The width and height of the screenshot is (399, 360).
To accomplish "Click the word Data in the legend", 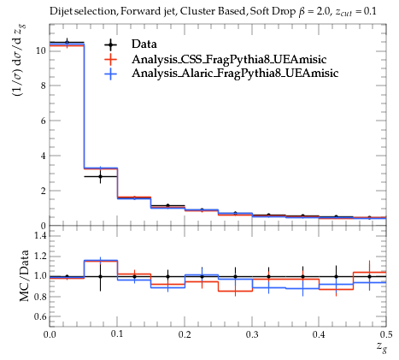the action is [x=144, y=44].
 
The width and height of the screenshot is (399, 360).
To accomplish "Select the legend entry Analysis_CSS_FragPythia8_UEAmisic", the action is [x=229, y=59].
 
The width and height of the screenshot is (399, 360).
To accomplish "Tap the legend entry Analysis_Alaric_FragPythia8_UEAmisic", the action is [x=235, y=74].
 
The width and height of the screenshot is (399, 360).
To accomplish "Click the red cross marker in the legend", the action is [x=111, y=59].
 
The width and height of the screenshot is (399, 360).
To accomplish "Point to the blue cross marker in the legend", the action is [x=111, y=74].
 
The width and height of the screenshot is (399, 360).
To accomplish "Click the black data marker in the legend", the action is [x=111, y=44].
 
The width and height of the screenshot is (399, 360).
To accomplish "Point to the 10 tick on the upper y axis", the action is [x=41, y=50].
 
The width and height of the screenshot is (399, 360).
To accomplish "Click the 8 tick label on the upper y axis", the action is [x=44, y=86].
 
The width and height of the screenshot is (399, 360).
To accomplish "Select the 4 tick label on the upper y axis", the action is [x=44, y=156].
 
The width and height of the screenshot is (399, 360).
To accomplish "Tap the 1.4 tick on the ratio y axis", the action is [x=40, y=236].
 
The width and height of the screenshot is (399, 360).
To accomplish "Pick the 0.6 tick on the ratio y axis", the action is [x=40, y=316].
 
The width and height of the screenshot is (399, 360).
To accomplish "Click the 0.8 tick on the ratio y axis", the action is [x=40, y=297].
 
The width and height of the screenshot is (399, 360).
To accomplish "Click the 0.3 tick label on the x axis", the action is [x=252, y=334].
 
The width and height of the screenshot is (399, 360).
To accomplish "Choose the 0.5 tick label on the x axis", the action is [x=386, y=334].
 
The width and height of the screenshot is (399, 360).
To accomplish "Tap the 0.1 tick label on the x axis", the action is [x=117, y=334].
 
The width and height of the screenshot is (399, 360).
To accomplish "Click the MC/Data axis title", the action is [x=24, y=275].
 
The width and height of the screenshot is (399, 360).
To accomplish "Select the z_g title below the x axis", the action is [x=382, y=347].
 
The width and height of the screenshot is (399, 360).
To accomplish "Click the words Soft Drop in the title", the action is [x=273, y=11].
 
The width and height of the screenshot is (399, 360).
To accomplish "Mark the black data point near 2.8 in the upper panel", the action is [x=100, y=177].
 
